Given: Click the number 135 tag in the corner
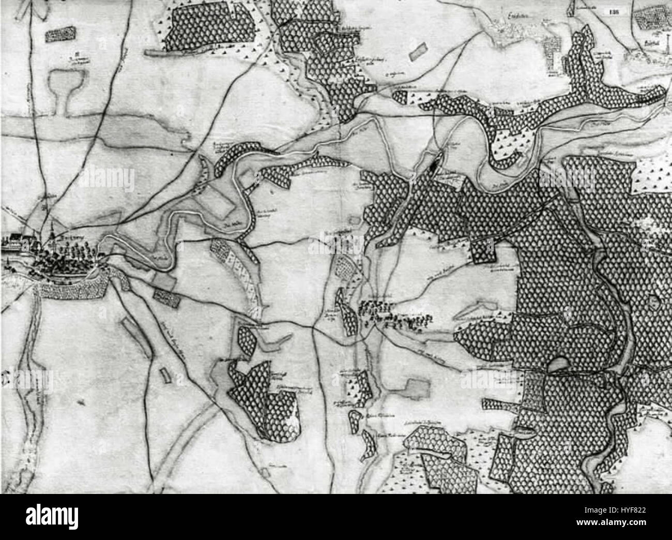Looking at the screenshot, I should click(x=614, y=9).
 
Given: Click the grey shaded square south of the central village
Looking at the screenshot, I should click(x=417, y=388).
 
